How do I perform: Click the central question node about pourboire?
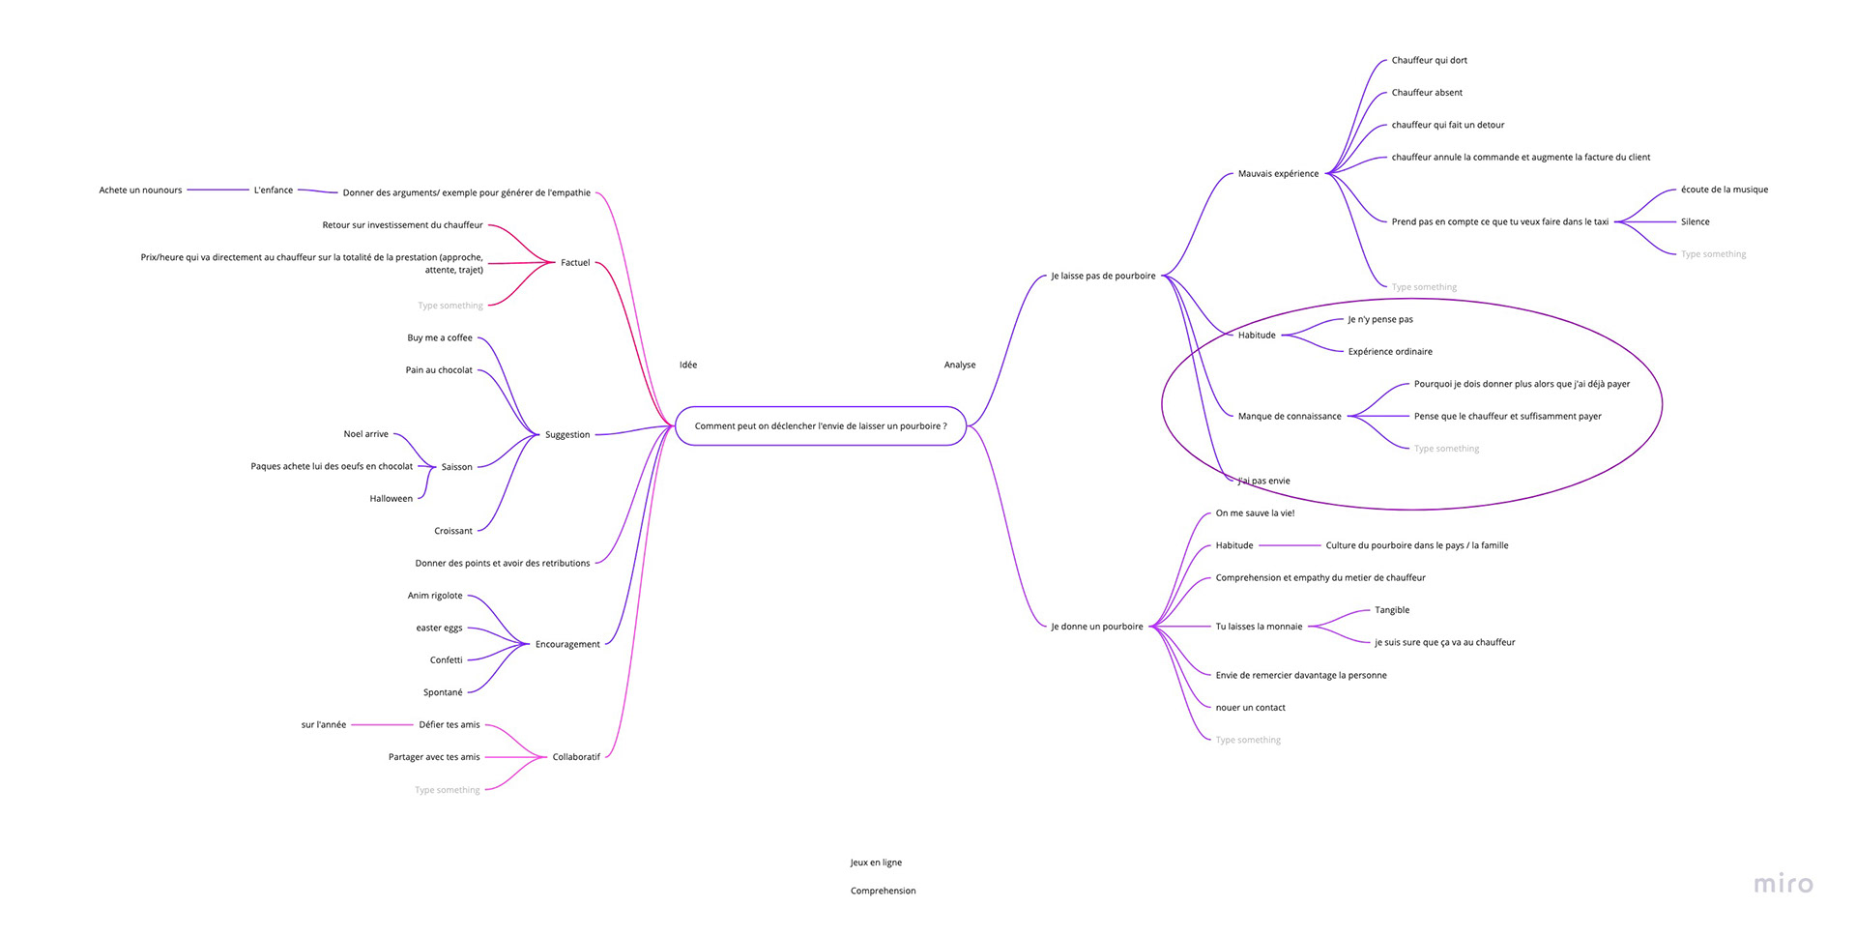[x=820, y=426]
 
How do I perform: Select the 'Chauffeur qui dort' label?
[x=1429, y=61]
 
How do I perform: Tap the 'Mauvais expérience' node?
[x=1278, y=174]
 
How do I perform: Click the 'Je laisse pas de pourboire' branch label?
[x=1103, y=277]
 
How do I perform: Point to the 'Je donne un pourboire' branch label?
[x=1096, y=627]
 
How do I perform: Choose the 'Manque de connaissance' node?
[x=1290, y=417]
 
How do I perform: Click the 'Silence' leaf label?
[x=1695, y=222]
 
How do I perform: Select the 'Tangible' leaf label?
[x=1392, y=610]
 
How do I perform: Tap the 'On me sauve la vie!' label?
[x=1255, y=513]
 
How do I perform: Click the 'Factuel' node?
[x=575, y=263]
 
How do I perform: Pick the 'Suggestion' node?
[x=567, y=435]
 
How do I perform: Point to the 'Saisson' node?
[x=457, y=467]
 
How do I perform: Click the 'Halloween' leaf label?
[x=391, y=499]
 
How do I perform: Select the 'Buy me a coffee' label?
[x=440, y=338]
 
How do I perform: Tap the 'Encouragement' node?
[x=567, y=645]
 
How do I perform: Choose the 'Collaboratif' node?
[x=576, y=757]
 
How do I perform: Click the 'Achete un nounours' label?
[x=140, y=190]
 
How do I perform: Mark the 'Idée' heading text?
[x=688, y=366]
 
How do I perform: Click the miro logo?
[x=1783, y=884]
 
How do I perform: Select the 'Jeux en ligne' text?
[x=876, y=863]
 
